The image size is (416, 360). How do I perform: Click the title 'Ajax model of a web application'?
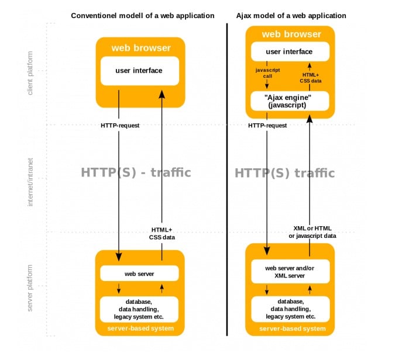291,15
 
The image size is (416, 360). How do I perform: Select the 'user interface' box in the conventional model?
139,71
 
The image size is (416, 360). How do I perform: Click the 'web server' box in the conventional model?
139,273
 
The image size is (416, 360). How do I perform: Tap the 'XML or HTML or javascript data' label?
312,232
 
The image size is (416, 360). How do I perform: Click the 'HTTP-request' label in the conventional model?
120,125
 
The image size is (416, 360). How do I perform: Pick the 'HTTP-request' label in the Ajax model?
267,125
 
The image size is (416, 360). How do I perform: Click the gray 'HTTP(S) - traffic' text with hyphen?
136,172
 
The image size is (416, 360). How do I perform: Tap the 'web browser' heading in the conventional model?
141,48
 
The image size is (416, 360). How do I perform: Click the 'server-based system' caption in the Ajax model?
290,328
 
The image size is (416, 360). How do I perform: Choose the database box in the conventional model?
139,309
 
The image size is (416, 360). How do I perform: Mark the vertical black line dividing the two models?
227,175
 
